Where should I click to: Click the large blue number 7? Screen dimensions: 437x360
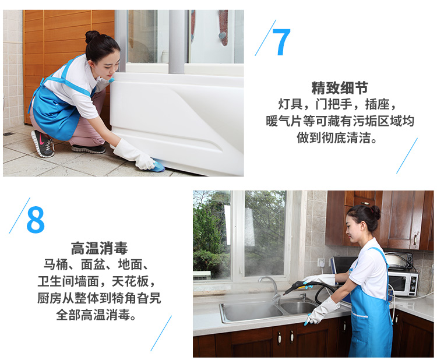281,42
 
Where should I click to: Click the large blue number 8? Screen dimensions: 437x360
36,220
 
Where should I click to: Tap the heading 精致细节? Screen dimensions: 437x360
340,88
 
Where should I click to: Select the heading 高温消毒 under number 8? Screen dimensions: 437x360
99,248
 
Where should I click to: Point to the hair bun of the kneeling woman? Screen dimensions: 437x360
91,36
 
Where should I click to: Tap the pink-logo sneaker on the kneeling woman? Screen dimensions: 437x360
43,143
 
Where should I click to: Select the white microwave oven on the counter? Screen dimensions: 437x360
403,283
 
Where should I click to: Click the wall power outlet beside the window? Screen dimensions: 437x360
321,263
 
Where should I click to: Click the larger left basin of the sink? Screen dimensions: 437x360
251,312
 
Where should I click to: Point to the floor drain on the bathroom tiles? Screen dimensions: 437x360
8,134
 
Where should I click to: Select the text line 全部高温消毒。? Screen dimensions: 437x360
96,315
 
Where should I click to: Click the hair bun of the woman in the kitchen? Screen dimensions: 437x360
375,212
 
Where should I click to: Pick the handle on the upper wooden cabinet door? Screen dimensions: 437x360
415,239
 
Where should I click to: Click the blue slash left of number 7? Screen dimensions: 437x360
265,38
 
